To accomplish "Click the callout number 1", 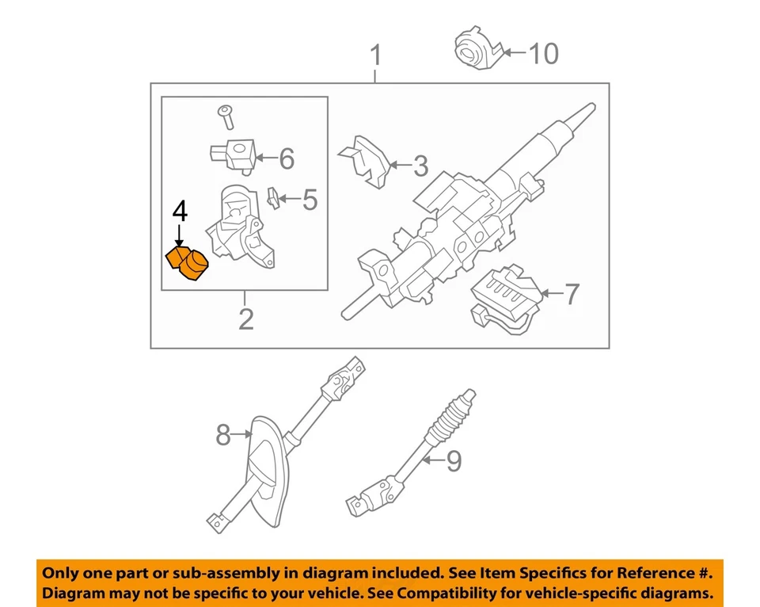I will click(x=376, y=56).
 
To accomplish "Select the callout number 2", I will click(x=246, y=319).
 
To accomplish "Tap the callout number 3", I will click(x=420, y=166).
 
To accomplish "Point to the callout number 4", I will click(x=180, y=212).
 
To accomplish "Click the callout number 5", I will click(x=309, y=200).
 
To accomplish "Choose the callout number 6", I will click(x=286, y=159).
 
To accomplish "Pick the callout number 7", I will click(x=570, y=295).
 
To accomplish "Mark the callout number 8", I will click(x=223, y=434).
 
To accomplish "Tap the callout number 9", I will click(x=453, y=460).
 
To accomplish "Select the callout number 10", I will click(x=543, y=54).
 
